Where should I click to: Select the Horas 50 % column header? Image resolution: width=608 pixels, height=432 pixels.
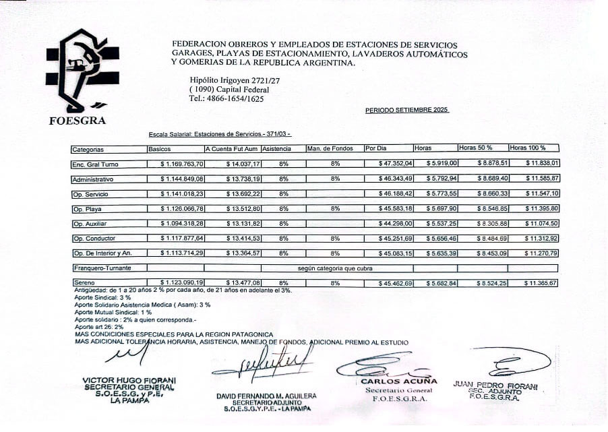(x=476, y=148)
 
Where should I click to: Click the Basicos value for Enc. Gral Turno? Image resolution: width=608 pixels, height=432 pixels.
(x=182, y=164)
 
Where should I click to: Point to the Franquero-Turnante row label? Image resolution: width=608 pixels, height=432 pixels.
(x=101, y=268)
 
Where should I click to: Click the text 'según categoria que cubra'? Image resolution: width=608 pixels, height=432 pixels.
(x=336, y=268)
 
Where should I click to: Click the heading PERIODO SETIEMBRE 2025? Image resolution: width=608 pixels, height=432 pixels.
(x=407, y=109)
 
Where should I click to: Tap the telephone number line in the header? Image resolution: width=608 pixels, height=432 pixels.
(x=226, y=98)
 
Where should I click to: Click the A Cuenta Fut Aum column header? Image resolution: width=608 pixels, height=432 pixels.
(x=231, y=148)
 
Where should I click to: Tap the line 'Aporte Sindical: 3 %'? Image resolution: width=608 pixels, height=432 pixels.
(x=103, y=297)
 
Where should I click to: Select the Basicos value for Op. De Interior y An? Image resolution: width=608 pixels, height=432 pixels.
(x=182, y=253)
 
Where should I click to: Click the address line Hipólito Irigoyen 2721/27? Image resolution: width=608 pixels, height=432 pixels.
(x=235, y=80)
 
